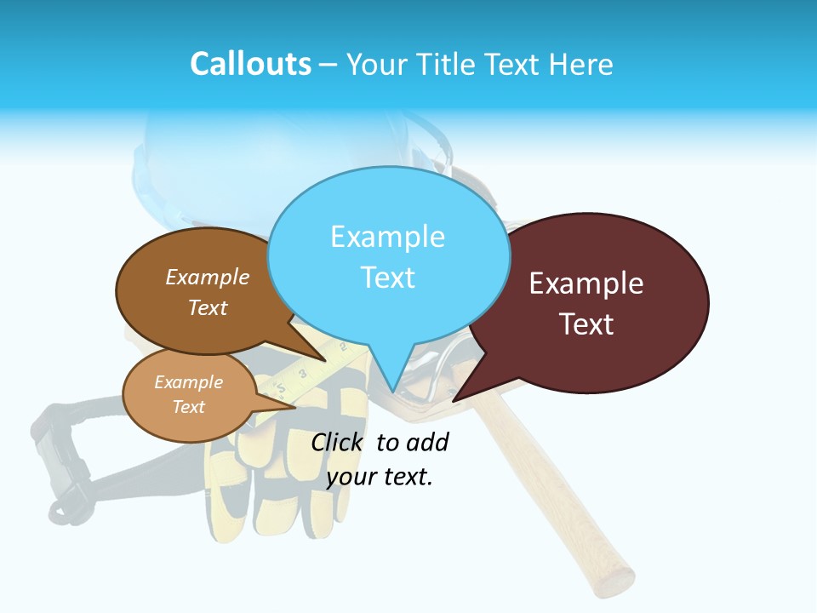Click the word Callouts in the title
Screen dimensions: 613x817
coord(250,64)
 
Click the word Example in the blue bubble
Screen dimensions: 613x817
coord(387,237)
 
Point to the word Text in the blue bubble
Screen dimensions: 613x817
coord(387,278)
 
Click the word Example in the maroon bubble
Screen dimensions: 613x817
coord(586,284)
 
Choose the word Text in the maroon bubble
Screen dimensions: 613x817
coord(586,324)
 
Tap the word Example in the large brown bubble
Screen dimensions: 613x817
coord(208,278)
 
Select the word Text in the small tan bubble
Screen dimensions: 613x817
coord(189,407)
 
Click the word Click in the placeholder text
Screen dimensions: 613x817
coord(338,442)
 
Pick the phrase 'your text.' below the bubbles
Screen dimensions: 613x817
coord(380,477)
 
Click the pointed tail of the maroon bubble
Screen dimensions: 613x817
coord(454,400)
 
